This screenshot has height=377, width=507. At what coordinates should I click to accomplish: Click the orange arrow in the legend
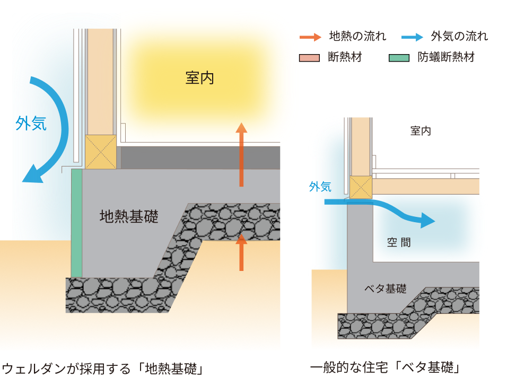(x=310, y=37)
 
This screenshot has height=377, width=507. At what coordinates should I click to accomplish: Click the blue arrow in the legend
(x=412, y=37)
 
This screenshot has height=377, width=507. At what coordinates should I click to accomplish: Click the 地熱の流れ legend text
(x=357, y=37)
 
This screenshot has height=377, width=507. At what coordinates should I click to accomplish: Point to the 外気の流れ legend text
(x=459, y=37)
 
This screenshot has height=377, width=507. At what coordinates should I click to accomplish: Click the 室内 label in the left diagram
(x=199, y=78)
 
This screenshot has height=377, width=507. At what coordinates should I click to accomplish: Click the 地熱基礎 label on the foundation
(x=129, y=216)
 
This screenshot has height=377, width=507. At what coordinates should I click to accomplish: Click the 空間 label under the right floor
(x=399, y=243)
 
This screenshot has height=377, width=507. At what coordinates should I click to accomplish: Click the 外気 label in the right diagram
(x=320, y=187)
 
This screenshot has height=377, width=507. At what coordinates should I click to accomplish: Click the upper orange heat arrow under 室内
(x=241, y=154)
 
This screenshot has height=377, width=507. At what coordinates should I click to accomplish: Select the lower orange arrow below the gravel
(x=241, y=252)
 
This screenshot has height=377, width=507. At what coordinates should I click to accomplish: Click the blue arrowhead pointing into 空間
(x=427, y=220)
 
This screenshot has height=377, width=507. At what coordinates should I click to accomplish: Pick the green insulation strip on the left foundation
(x=76, y=223)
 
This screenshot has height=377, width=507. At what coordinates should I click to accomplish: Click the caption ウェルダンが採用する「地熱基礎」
(x=103, y=368)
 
